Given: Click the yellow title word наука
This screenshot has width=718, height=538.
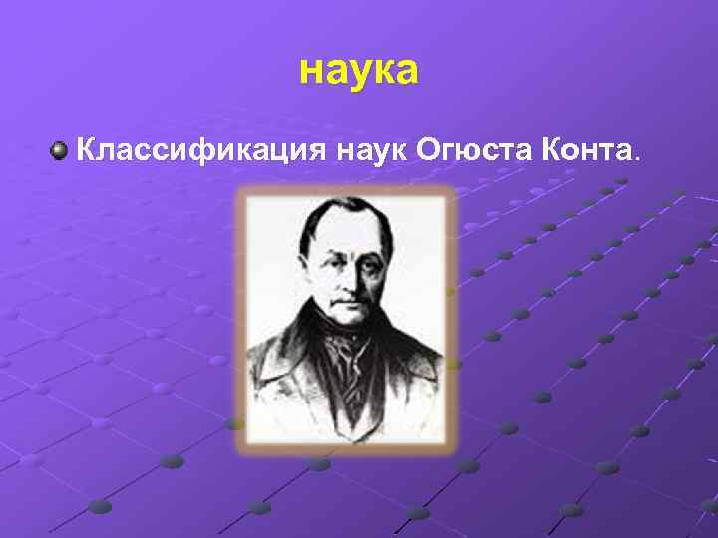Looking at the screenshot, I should coord(359,71).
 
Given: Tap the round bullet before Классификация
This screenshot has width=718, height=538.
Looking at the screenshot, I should coord(61,151).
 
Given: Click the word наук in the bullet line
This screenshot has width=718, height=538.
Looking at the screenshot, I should coord(370,152).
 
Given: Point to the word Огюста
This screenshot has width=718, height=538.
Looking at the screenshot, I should coord(474,152).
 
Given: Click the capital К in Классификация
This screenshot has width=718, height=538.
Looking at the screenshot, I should coord(87,152).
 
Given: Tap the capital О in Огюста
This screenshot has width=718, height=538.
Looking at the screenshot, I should coord(430,152).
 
